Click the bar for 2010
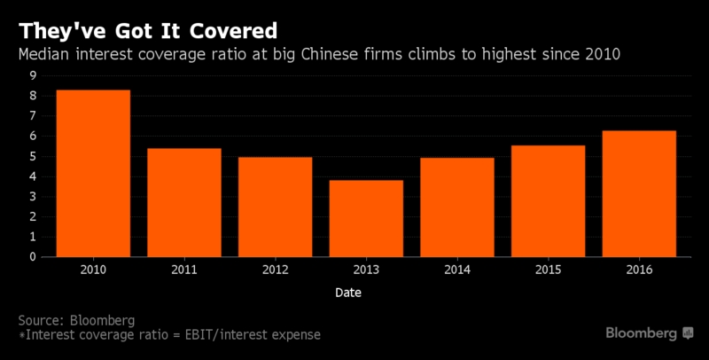[93, 174]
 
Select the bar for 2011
[184, 203]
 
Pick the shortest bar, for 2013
[366, 219]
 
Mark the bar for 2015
[548, 201]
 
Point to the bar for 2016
[639, 194]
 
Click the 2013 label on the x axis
[366, 270]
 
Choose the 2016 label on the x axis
[639, 270]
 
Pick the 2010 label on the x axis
[93, 270]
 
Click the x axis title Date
[347, 291]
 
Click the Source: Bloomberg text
[77, 318]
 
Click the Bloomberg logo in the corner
[650, 333]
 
